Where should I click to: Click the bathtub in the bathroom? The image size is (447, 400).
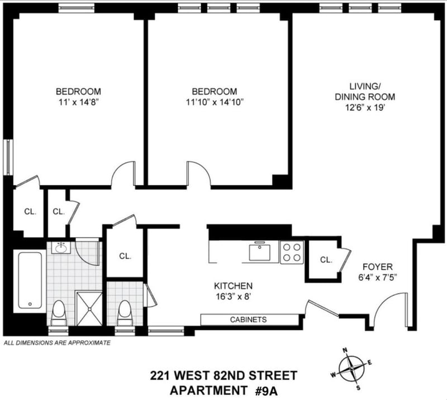coord(30,280)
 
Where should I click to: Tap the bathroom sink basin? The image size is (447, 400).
coord(60,249)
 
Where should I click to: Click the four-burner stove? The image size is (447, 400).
coord(292,253)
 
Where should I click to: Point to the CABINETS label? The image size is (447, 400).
coord(248,320)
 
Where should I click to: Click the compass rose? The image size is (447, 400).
coord(352,369)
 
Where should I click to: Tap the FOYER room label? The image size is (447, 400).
coord(378,267)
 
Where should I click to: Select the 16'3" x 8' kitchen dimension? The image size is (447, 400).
coord(233,297)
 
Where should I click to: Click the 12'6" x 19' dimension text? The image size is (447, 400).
coord(365,108)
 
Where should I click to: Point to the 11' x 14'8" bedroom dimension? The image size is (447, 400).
coord(78,102)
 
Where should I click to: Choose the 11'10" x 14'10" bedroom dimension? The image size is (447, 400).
coord(215,102)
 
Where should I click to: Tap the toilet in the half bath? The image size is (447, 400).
coord(124,313)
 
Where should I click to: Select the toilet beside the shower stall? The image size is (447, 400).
coord(59,313)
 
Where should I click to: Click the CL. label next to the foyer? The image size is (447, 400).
coord(326,260)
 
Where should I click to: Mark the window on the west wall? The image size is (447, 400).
coord(9,157)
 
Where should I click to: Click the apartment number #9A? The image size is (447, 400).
coord(266,391)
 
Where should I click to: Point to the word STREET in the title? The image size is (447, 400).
coord(273,375)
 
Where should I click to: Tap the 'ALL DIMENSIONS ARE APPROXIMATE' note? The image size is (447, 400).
coord(57,342)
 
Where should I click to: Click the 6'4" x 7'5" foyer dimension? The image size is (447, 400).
coord(378,278)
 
